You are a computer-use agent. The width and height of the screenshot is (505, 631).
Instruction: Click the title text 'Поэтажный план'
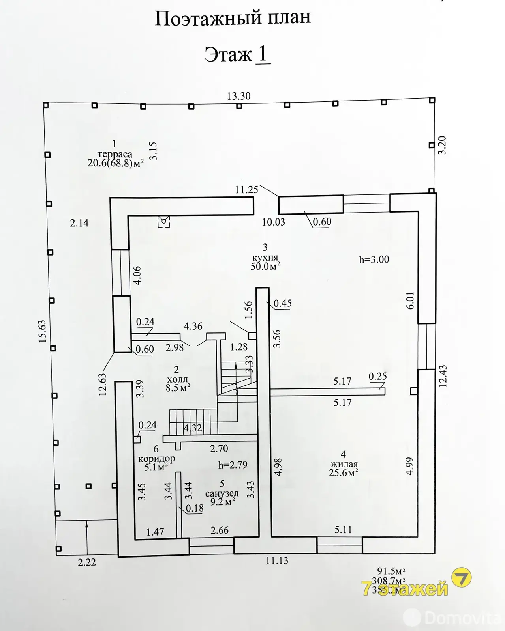coord(233,19)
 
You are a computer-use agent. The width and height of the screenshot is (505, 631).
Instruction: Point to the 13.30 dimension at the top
coord(238,96)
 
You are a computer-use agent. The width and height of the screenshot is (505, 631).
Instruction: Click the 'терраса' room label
coord(115,154)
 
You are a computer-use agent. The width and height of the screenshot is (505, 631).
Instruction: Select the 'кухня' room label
coord(265,257)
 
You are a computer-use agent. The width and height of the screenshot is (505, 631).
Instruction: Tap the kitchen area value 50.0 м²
coord(265,266)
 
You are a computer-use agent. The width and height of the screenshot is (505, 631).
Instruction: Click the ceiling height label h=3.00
coord(374,259)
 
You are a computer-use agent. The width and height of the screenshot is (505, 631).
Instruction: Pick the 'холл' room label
coord(177,379)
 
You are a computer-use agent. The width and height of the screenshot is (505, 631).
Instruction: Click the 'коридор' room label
coord(156,459)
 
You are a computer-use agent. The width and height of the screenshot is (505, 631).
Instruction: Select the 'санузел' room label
coord(222,493)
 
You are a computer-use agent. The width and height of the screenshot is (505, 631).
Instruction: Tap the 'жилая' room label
coord(344,464)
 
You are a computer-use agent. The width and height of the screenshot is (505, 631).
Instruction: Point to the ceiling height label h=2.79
coord(233,465)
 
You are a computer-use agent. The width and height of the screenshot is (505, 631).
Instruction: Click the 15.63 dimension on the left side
coord(42,331)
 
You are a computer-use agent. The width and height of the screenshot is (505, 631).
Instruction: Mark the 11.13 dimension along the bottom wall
coord(277,560)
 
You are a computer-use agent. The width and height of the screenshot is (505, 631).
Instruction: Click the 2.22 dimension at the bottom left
coord(87,562)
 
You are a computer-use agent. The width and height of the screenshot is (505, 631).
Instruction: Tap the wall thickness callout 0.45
coord(283,303)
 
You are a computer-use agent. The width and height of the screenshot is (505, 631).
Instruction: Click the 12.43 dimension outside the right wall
coord(443,376)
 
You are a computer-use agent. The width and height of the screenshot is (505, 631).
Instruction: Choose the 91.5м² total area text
coord(391,571)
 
